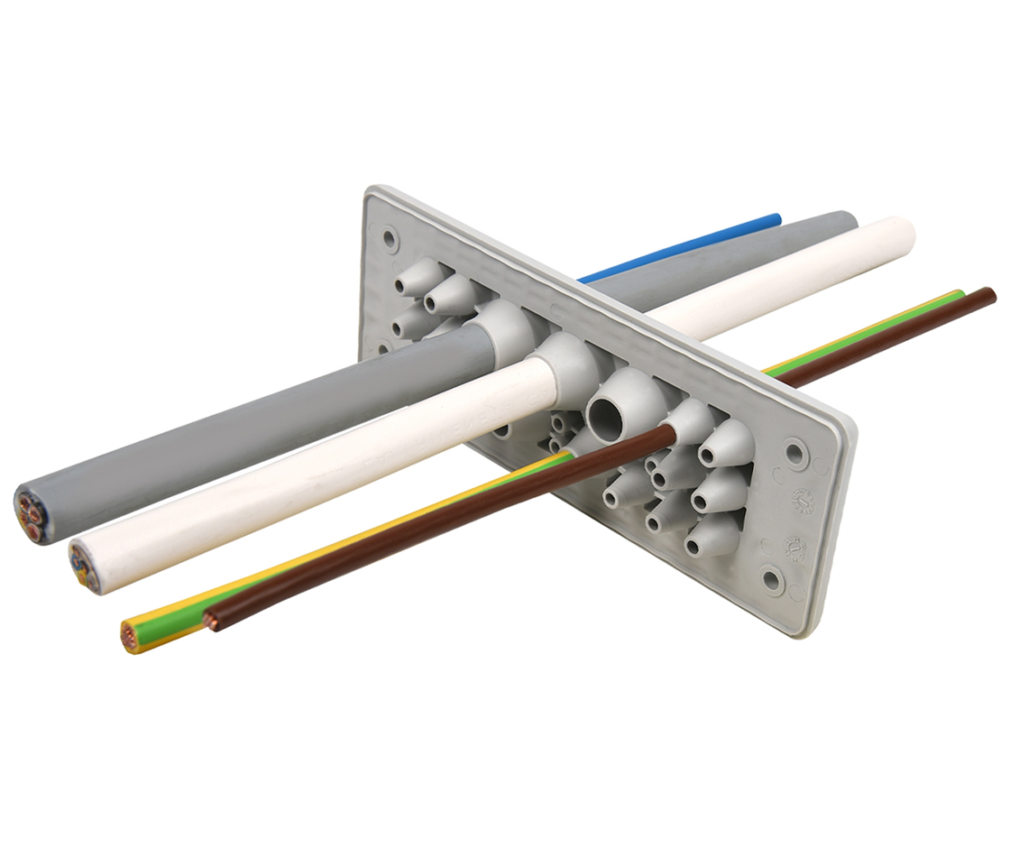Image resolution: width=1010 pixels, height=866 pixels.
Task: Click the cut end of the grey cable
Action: pos(32,514)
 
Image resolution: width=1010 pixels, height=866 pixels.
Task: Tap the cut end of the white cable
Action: pos(85,564)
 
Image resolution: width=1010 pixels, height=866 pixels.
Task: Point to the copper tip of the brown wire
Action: pos(211,620)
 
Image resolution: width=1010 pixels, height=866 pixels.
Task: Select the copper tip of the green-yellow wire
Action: pos(132,635)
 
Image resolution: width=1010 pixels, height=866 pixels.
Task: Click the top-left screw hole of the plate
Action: pos(390,238)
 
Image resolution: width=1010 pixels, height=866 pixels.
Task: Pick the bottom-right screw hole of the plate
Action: pos(772,579)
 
